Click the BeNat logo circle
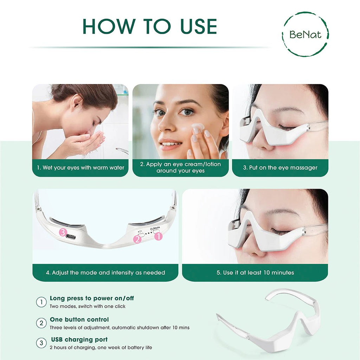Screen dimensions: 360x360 tap(305, 34)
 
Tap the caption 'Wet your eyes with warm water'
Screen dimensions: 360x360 tap(81, 168)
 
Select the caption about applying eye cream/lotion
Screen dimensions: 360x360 tap(181, 167)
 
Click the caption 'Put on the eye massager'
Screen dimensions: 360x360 tap(280, 168)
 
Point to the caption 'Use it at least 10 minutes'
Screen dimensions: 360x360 tap(255, 272)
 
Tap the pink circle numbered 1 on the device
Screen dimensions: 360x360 tap(159, 236)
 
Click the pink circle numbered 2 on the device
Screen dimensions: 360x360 tap(137, 239)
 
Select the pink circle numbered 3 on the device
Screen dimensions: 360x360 tap(63, 232)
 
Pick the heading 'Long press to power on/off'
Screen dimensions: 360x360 tap(92, 298)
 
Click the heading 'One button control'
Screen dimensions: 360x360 tap(79, 320)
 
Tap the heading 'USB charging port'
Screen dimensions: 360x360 tap(79, 340)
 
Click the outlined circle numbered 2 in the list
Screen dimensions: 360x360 tap(41, 323)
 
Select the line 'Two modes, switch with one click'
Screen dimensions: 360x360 tap(88, 306)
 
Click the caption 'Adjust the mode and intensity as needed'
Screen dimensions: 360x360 tap(105, 272)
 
